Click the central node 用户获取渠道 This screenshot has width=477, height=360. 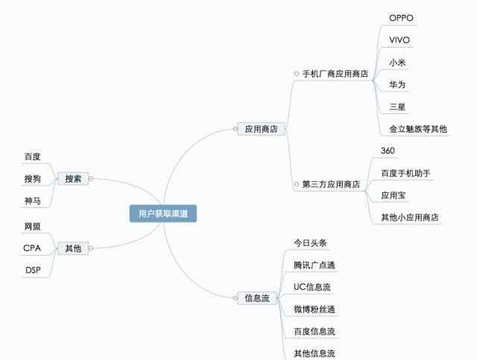pos(162,214)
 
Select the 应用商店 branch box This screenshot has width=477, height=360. pos(261,129)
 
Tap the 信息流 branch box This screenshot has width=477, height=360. pos(257,298)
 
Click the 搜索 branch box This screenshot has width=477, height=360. pos(73,179)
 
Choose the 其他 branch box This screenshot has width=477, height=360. pos(73,248)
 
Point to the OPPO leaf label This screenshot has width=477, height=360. pos(401,18)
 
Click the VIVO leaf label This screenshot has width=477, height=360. pos(399,40)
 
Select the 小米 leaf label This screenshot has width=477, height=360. pos(397,63)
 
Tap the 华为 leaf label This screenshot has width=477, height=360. pos(397,85)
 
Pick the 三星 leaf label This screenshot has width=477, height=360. pos(397,107)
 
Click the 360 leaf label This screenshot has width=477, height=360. pos(388,151)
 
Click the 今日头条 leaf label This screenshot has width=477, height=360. pos(310,243)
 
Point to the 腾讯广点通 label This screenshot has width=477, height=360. pos(315,265)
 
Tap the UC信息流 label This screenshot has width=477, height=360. pos(312,287)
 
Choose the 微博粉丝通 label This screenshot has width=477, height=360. pos(315,309)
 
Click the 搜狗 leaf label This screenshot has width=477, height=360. pos(32,179)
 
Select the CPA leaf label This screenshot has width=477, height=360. pos(32,248)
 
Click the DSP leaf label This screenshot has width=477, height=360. pos(33,270)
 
